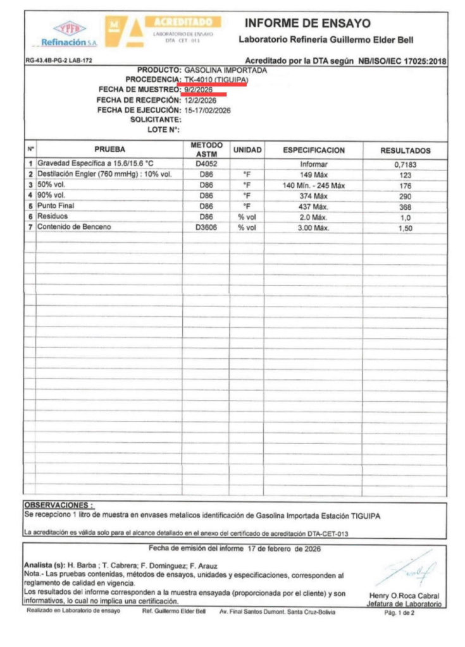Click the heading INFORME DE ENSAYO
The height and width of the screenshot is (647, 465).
point(307,23)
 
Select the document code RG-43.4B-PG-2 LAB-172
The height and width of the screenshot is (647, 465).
point(61,61)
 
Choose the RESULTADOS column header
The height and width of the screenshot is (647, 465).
point(405,151)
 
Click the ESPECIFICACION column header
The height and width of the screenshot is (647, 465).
point(313,151)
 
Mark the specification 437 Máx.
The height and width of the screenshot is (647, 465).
point(313,207)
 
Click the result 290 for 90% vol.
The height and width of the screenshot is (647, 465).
point(405,196)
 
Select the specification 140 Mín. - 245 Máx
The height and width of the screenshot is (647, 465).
point(313,186)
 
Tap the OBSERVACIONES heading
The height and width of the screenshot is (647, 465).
point(58,505)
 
